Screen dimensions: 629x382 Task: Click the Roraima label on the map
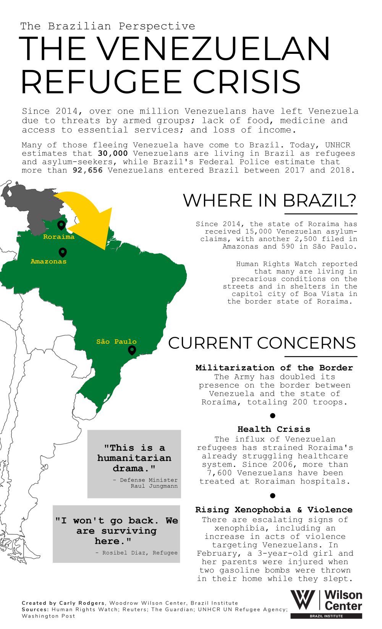59,237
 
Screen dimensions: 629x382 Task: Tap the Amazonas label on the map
49,262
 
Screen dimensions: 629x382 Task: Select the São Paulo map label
117,341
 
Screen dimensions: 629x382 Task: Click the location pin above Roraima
61,225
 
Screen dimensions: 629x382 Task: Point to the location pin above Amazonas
63,252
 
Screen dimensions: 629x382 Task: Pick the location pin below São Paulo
132,350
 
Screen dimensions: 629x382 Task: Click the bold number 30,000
113,154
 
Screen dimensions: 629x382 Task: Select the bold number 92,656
88,170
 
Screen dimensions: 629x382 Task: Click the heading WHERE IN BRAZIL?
270,201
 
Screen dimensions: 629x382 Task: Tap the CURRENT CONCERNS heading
262,343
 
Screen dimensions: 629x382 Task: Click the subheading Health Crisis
274,429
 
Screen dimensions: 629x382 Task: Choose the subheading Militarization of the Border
274,368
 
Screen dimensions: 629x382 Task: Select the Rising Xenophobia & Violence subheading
274,510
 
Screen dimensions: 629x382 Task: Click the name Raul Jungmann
154,486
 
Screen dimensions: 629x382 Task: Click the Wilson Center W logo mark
303,600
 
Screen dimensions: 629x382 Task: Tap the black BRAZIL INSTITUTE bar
326,616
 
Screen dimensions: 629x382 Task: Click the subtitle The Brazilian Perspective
108,26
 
